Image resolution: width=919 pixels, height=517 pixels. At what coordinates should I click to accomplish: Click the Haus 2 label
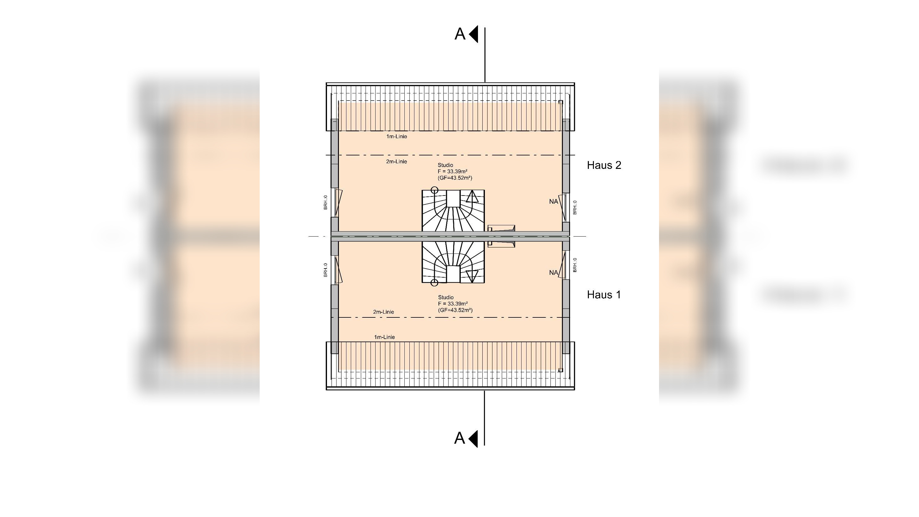pos(604,165)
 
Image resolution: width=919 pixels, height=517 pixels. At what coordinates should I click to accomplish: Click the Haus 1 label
pos(604,295)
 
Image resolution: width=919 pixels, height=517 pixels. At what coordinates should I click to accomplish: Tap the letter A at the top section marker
pos(460,34)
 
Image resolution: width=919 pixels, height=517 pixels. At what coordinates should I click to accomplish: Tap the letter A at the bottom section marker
pos(459,438)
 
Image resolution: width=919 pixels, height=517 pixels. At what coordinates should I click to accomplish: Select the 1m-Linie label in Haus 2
pos(396,136)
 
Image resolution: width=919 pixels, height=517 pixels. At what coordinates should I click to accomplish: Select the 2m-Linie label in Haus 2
pos(396,161)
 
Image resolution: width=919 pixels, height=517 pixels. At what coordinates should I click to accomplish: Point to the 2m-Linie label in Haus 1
pos(383,312)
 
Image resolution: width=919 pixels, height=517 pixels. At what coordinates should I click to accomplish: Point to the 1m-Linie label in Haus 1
pos(385,337)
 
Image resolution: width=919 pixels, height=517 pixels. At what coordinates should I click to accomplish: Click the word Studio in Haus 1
pos(446,297)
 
